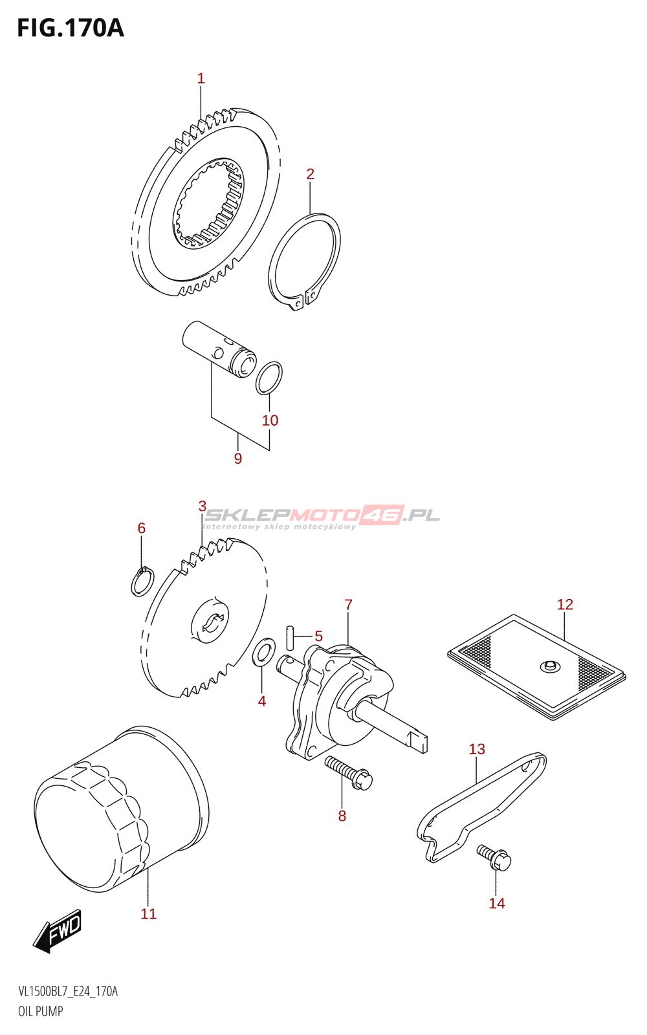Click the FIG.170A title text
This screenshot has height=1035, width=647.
(x=70, y=28)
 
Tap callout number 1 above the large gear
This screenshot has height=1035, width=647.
(x=201, y=79)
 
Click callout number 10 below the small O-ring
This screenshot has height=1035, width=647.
(x=270, y=420)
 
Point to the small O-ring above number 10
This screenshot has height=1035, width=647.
(x=269, y=378)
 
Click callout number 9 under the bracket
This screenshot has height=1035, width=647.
(x=238, y=459)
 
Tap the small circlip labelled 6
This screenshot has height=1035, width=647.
(x=142, y=581)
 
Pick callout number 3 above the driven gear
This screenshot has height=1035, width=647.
(x=203, y=506)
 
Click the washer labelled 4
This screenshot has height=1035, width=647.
(x=262, y=653)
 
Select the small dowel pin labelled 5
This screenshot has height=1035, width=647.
(x=291, y=637)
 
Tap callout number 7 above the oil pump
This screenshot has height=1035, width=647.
(x=348, y=605)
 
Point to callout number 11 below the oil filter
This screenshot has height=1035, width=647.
(x=149, y=913)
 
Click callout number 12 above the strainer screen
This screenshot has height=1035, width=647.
(x=565, y=604)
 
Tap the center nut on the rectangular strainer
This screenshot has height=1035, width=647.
(x=549, y=666)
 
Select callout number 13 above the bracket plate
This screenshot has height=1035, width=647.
(x=477, y=749)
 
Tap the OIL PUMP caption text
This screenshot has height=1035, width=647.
(x=41, y=1011)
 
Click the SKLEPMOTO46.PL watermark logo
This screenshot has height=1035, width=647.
(x=322, y=516)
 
